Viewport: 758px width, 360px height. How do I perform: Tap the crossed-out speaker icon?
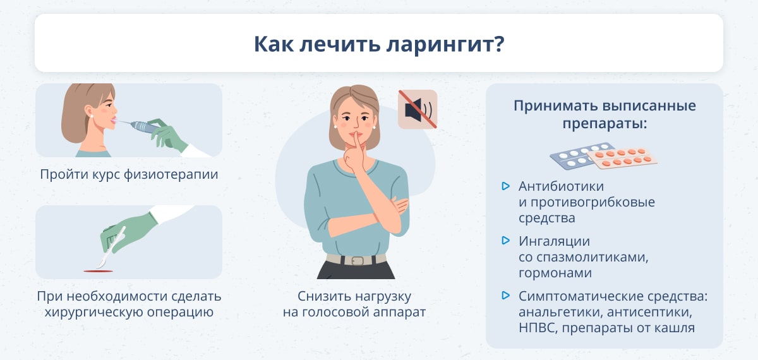click(418, 109)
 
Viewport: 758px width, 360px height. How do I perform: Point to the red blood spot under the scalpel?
click(98, 271)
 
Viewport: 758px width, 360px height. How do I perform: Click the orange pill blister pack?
click(622, 158)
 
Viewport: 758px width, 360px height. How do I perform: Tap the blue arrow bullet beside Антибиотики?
click(505, 186)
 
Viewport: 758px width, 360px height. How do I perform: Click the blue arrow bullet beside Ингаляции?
click(505, 241)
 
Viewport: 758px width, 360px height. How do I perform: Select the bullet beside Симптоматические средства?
click(505, 296)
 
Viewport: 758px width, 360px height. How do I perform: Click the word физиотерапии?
click(171, 174)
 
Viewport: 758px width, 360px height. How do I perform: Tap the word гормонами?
click(555, 273)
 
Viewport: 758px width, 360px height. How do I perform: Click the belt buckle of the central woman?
click(358, 261)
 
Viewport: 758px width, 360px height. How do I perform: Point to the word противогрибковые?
click(593, 202)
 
